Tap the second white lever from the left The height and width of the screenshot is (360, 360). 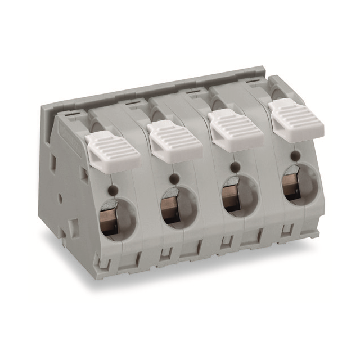(174, 141)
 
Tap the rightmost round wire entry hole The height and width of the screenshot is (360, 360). (299, 183)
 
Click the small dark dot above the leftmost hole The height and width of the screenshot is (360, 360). (115, 189)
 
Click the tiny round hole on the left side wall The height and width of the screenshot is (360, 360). (60, 199)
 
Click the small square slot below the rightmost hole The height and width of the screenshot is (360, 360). (287, 229)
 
